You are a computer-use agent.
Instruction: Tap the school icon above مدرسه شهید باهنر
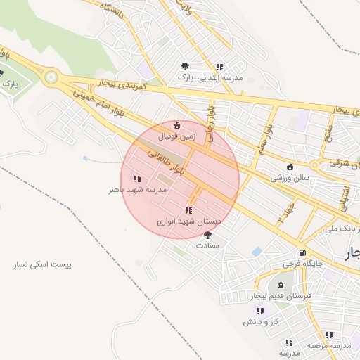tap(136, 179)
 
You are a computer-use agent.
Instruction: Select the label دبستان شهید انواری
tap(188, 221)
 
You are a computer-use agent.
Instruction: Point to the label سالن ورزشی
tap(290, 178)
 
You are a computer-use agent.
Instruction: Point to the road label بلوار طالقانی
tap(166, 161)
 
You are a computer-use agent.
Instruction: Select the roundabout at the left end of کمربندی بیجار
tap(49, 78)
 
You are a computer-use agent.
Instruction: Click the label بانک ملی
tap(342, 229)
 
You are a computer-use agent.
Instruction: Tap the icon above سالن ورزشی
tap(290, 167)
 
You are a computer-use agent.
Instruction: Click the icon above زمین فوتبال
tap(176, 125)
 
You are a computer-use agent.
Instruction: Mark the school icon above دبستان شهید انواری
tap(188, 210)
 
